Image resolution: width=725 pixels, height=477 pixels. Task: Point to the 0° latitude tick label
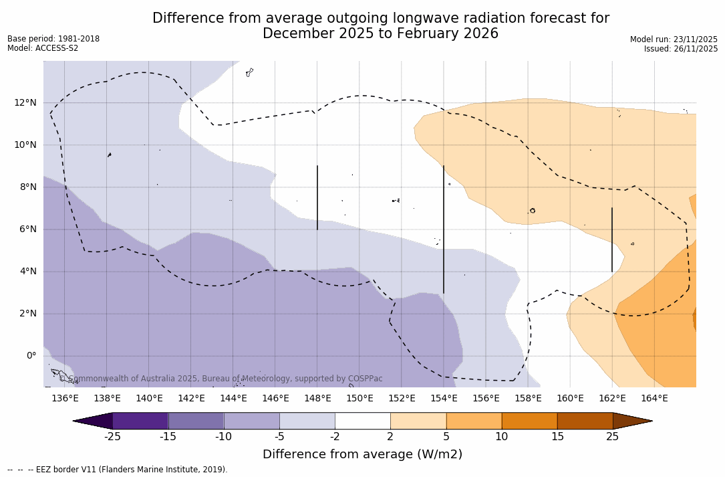31,355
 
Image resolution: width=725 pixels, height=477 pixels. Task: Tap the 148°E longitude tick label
317,399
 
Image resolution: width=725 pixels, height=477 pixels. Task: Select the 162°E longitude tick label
612,399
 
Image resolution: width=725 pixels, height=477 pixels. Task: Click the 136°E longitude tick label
65,399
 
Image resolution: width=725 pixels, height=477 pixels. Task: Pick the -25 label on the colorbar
112,437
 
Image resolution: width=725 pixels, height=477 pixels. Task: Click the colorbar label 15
557,437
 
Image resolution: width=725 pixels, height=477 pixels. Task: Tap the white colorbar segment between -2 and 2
362,421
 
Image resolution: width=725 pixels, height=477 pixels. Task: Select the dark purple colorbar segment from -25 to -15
140,421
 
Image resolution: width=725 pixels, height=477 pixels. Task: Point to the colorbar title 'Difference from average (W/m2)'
362,455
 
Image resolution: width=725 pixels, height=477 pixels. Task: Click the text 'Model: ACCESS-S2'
43,48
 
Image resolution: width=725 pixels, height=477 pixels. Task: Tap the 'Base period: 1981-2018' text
53,39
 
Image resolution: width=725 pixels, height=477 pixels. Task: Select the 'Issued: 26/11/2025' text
681,49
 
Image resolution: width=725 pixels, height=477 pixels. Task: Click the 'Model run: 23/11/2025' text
674,39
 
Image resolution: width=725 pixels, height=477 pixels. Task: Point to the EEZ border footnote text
118,470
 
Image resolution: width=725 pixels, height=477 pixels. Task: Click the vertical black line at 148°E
317,197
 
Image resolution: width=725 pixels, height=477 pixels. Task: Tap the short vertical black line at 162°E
612,240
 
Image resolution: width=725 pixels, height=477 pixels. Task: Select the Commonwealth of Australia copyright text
221,379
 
